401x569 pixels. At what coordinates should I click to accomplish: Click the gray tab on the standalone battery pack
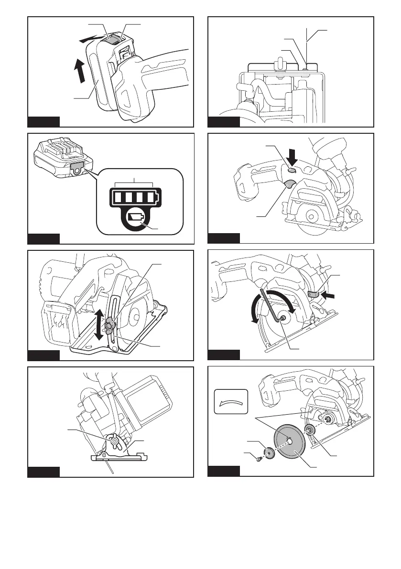tap(76, 167)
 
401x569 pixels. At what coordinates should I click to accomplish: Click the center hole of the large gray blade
tap(288, 438)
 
